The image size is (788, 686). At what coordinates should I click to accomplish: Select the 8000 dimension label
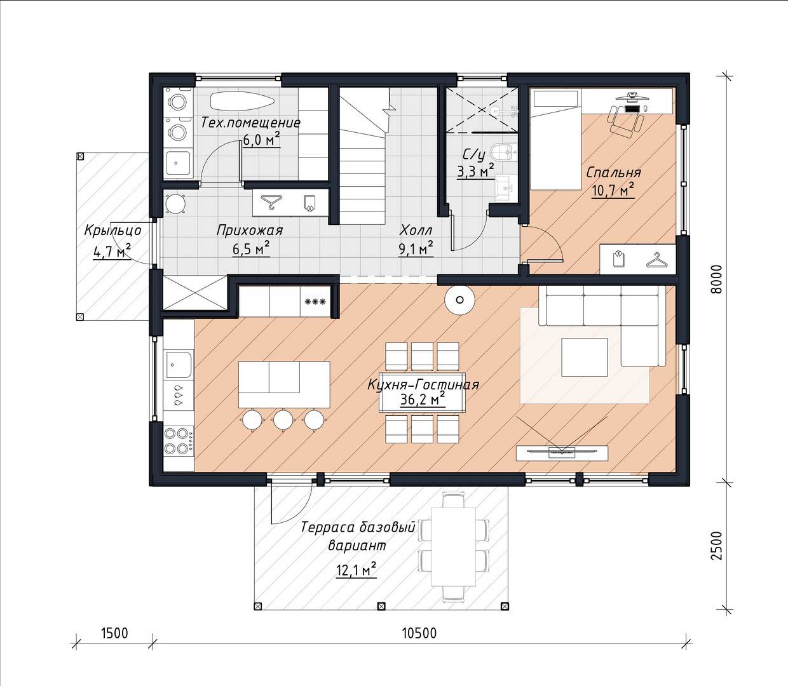point(716,279)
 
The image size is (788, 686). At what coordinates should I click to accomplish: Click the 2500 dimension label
point(716,546)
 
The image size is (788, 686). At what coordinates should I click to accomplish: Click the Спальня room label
point(613,173)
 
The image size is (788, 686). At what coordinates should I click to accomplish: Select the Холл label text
point(416,231)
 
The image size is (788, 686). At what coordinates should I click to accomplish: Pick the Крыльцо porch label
point(113,231)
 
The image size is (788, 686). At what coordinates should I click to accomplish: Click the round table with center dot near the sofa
point(459,300)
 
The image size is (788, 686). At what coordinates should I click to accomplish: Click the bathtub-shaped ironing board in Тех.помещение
point(242,102)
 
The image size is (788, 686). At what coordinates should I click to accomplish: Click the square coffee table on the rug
point(584,357)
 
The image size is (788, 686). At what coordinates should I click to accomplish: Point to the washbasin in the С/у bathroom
point(505,188)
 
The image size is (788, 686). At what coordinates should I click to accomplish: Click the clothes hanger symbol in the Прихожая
point(271,203)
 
